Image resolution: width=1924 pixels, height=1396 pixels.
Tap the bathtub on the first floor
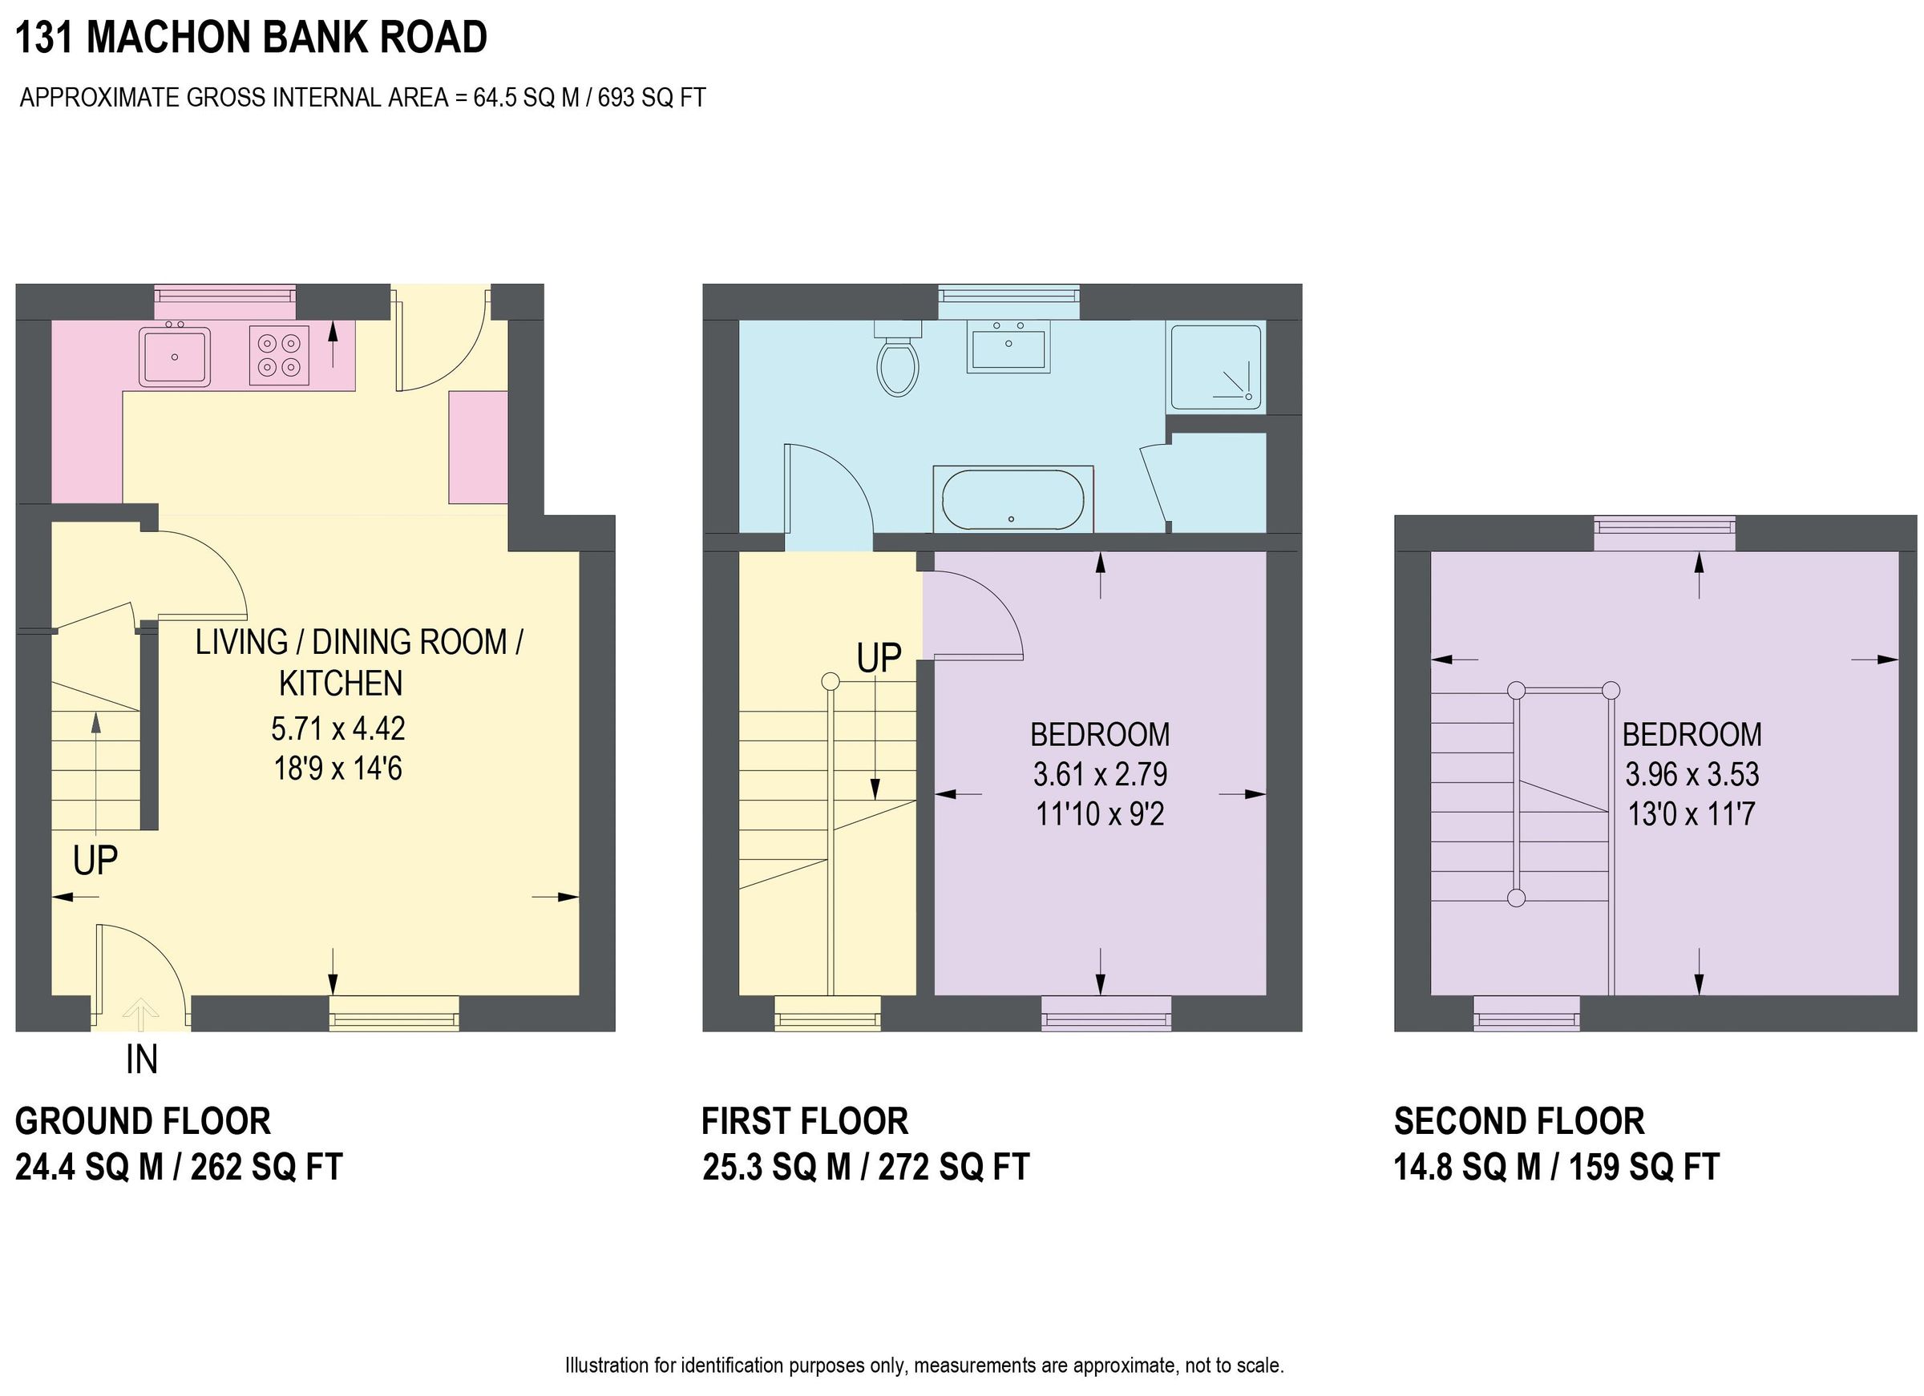pyautogui.click(x=1012, y=499)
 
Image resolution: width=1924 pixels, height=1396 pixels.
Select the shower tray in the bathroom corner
pyautogui.click(x=1215, y=365)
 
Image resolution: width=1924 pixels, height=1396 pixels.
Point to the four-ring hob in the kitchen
pyautogui.click(x=279, y=355)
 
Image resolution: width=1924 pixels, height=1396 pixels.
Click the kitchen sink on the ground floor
pyautogui.click(x=175, y=356)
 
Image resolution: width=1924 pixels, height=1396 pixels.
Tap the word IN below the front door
pyautogui.click(x=142, y=1060)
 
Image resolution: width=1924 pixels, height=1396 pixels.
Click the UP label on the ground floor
pyautogui.click(x=95, y=861)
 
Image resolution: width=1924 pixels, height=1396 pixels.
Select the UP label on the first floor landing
pyautogui.click(x=878, y=658)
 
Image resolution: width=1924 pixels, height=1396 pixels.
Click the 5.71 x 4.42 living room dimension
pyautogui.click(x=338, y=728)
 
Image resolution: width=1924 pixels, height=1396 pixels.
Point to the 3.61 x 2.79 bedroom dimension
pyautogui.click(x=1099, y=774)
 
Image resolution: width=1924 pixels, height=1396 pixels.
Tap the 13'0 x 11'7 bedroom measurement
pyautogui.click(x=1691, y=814)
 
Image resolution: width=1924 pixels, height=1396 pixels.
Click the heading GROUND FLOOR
pyautogui.click(x=143, y=1121)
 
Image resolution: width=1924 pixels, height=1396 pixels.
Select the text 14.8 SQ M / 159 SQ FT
pyautogui.click(x=1556, y=1167)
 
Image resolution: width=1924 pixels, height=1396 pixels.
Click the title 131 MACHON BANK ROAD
pyautogui.click(x=251, y=38)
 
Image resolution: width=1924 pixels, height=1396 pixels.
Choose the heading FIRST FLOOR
pyautogui.click(x=804, y=1121)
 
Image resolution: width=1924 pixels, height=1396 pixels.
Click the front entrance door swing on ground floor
pyautogui.click(x=140, y=966)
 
